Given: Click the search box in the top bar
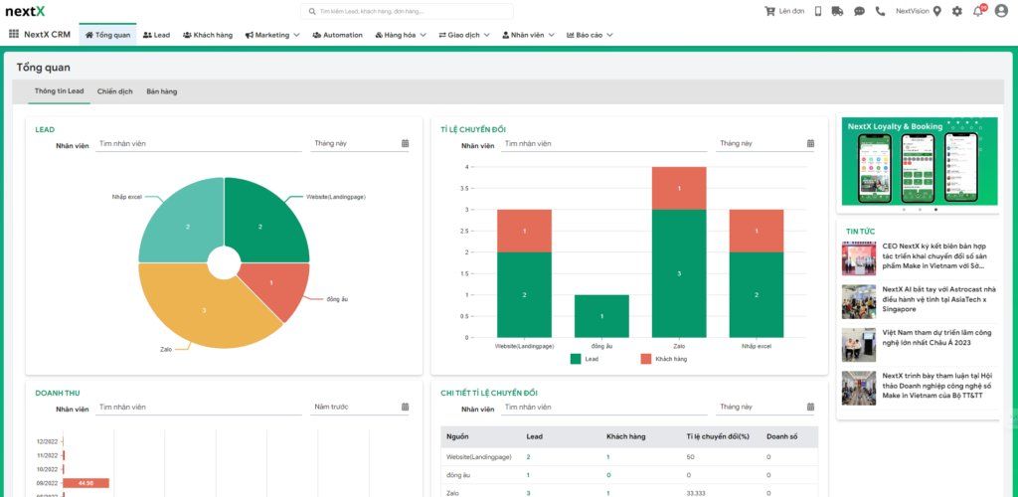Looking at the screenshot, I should tap(408, 11).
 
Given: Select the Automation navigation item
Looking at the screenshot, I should tap(338, 35).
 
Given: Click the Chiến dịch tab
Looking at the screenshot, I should tap(114, 91).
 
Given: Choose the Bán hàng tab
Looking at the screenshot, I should tap(161, 91).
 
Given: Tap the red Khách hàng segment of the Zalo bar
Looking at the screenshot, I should tap(679, 188).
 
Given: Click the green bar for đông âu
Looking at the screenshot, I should tap(601, 316).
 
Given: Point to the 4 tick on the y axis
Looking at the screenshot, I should tap(466, 167).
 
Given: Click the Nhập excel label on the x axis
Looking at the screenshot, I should tap(757, 346).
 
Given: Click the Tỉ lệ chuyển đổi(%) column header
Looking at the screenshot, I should tap(716, 436).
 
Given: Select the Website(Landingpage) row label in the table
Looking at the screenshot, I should tap(479, 456).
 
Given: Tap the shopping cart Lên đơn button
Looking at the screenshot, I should tap(784, 11).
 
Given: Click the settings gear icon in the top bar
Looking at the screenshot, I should tap(956, 11).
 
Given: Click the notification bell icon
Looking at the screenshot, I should tap(978, 11).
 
